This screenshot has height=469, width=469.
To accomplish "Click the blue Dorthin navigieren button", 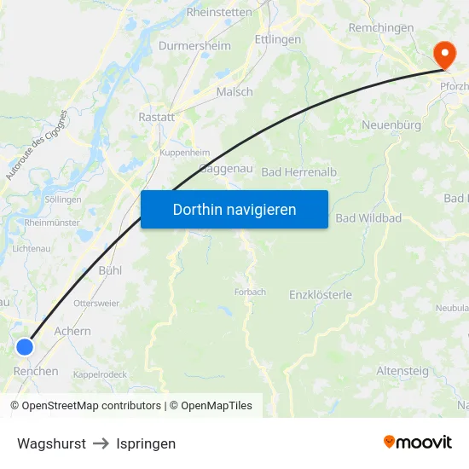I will pos(234,209).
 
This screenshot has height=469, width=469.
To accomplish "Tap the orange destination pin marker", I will pos(444,55).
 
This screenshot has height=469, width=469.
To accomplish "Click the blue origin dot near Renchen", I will pos(25,346).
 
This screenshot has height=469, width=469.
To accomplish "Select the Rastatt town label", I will pos(156,118).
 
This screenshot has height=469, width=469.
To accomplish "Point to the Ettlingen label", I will pos(278,39).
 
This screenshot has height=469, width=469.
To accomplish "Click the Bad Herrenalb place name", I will pos(298,172).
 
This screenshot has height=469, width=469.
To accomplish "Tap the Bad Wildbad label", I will pos(368,218).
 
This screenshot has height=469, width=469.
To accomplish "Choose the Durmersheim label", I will pos(194,46).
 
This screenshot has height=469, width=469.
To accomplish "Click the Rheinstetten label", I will pos(219,13).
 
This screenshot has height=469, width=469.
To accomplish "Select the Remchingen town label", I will pos(381,27).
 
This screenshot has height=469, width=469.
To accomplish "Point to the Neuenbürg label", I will pos(391,125).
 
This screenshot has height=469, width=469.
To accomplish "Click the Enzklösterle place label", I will pos(321,295).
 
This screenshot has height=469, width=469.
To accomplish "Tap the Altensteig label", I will pos(403,371).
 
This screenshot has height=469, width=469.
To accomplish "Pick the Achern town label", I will pos(72,331).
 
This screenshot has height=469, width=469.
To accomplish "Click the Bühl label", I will pos(111,270).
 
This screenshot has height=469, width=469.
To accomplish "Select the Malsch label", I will pos(234,92).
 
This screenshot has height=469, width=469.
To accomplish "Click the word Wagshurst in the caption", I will pos(51,443).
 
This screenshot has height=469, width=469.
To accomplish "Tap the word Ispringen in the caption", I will pos(146,443).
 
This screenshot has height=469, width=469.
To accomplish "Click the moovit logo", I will pos(417,442).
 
